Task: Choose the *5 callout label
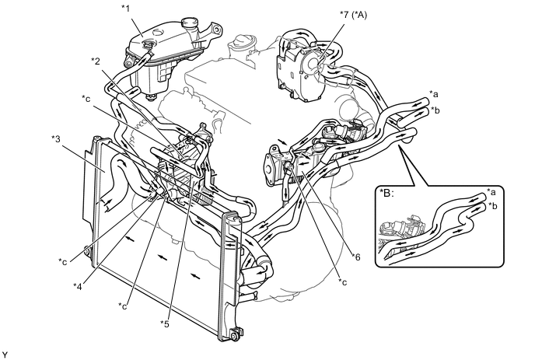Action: click(x=166, y=323)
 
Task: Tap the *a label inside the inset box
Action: click(x=491, y=190)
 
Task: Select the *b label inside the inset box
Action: click(x=491, y=207)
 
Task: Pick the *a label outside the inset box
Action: click(x=436, y=93)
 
